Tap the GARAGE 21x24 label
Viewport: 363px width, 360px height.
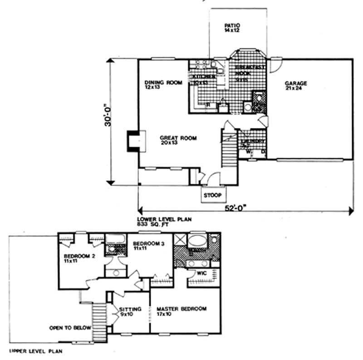click(296, 86)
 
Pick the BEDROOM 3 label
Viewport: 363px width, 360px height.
click(147, 247)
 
